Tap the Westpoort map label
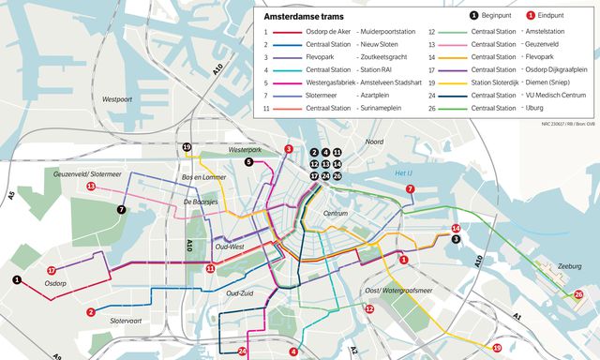tap(116, 98)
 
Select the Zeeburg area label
tap(570, 266)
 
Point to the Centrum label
tap(335, 214)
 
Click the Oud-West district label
tap(231, 247)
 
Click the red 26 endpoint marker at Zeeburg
tap(578, 294)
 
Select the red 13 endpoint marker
tap(91, 187)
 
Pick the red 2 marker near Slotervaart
tap(91, 312)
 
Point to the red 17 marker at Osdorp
tap(51, 271)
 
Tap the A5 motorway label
tap(12, 196)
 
